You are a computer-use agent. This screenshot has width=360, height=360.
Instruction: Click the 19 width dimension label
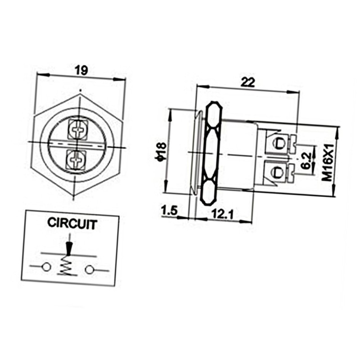click(x=81, y=70)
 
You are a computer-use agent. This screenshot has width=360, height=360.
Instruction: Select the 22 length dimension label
click(x=248, y=82)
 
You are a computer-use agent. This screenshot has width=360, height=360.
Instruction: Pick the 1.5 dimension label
click(x=169, y=210)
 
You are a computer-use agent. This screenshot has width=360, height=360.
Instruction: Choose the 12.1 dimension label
click(x=222, y=214)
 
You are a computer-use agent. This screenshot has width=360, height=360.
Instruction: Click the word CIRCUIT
click(x=72, y=223)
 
